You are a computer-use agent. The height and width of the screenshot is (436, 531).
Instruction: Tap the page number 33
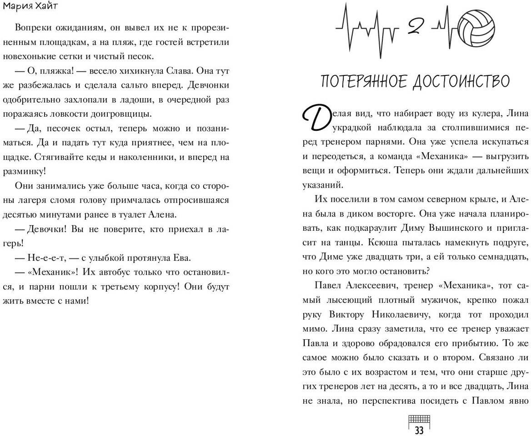[x=419, y=430]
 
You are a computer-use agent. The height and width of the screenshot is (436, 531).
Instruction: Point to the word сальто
[x=142, y=85]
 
